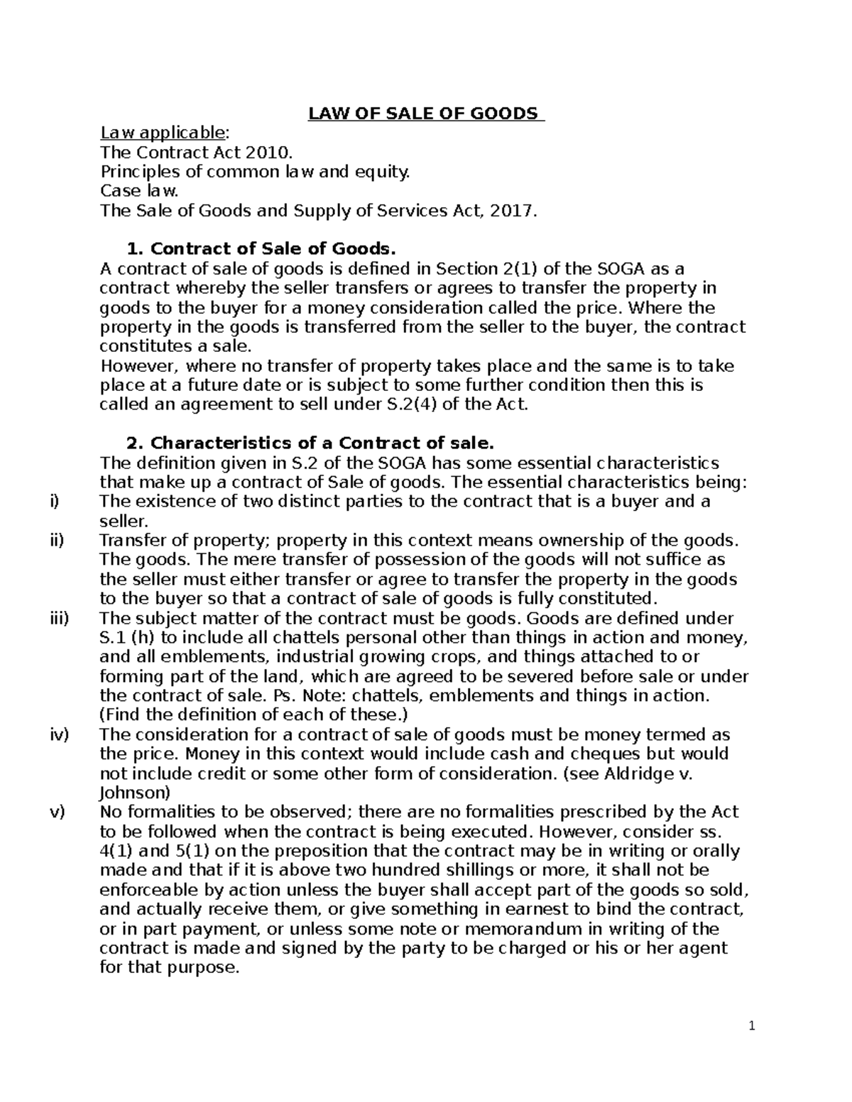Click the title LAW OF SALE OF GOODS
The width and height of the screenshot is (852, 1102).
[x=425, y=114]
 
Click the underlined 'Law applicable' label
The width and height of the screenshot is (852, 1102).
[x=164, y=133]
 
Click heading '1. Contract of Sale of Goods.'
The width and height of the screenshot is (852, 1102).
[x=259, y=249]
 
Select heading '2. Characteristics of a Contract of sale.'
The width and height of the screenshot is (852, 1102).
[x=309, y=443]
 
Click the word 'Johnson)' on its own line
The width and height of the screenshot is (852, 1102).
[x=135, y=793]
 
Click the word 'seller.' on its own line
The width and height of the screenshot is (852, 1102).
[x=124, y=522]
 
